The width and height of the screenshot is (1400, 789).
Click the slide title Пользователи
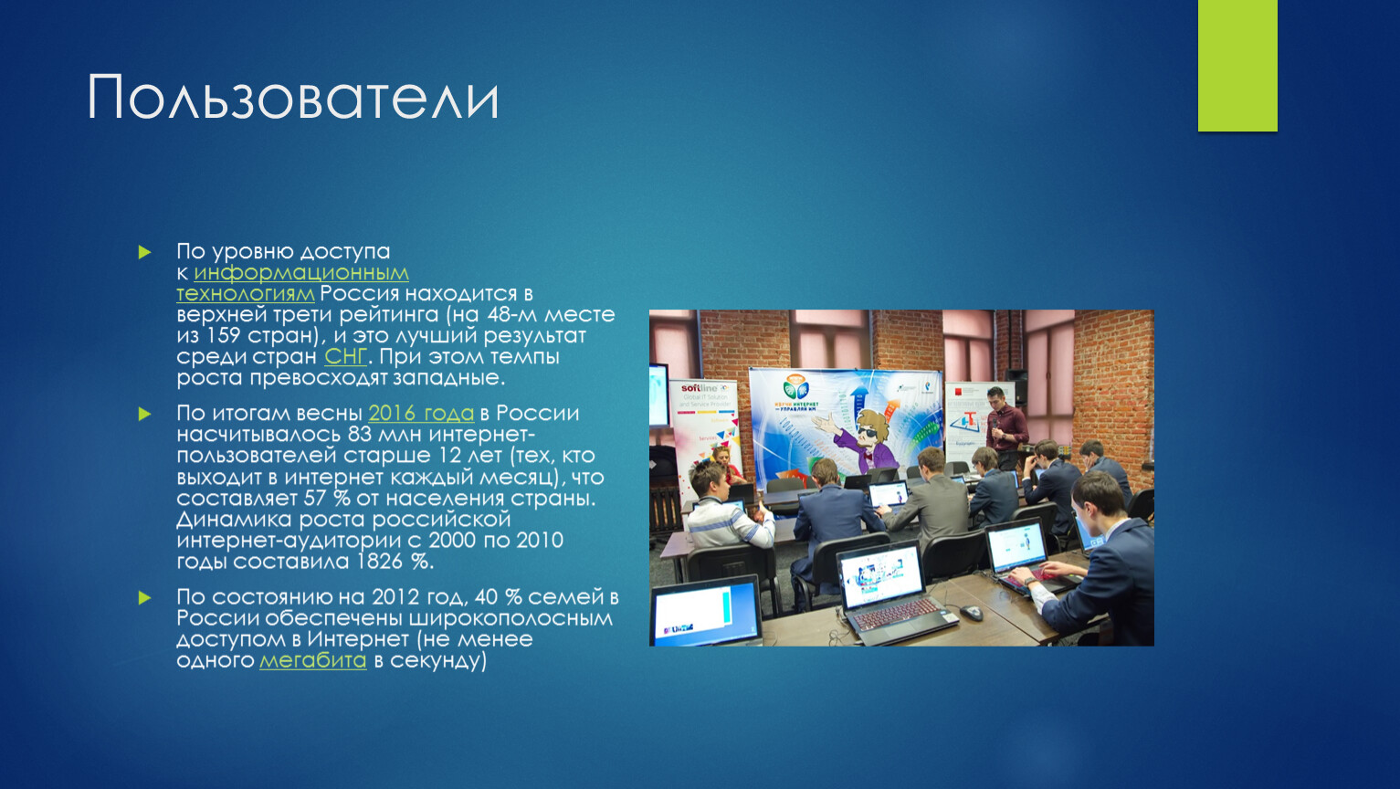click(x=293, y=98)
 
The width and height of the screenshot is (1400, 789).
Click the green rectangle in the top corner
click(x=1237, y=66)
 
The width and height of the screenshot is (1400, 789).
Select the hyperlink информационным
click(x=301, y=273)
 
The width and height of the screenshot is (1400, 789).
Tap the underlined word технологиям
click(x=246, y=294)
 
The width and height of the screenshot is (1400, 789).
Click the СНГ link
click(x=345, y=357)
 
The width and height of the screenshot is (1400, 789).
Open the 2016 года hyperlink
click(x=421, y=414)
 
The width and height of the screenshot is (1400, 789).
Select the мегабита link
click(x=313, y=661)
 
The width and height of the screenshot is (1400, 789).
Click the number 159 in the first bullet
click(x=223, y=336)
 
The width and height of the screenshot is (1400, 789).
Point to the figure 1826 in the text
click(x=379, y=561)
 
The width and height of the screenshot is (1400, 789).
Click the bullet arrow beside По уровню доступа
click(x=145, y=253)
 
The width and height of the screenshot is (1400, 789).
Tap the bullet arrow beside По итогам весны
click(x=145, y=414)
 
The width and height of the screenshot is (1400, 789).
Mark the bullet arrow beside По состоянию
click(x=145, y=598)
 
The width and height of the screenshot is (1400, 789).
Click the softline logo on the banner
click(x=700, y=388)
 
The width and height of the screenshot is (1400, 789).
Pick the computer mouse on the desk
click(x=971, y=612)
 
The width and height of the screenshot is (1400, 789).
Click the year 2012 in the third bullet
click(x=395, y=597)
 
